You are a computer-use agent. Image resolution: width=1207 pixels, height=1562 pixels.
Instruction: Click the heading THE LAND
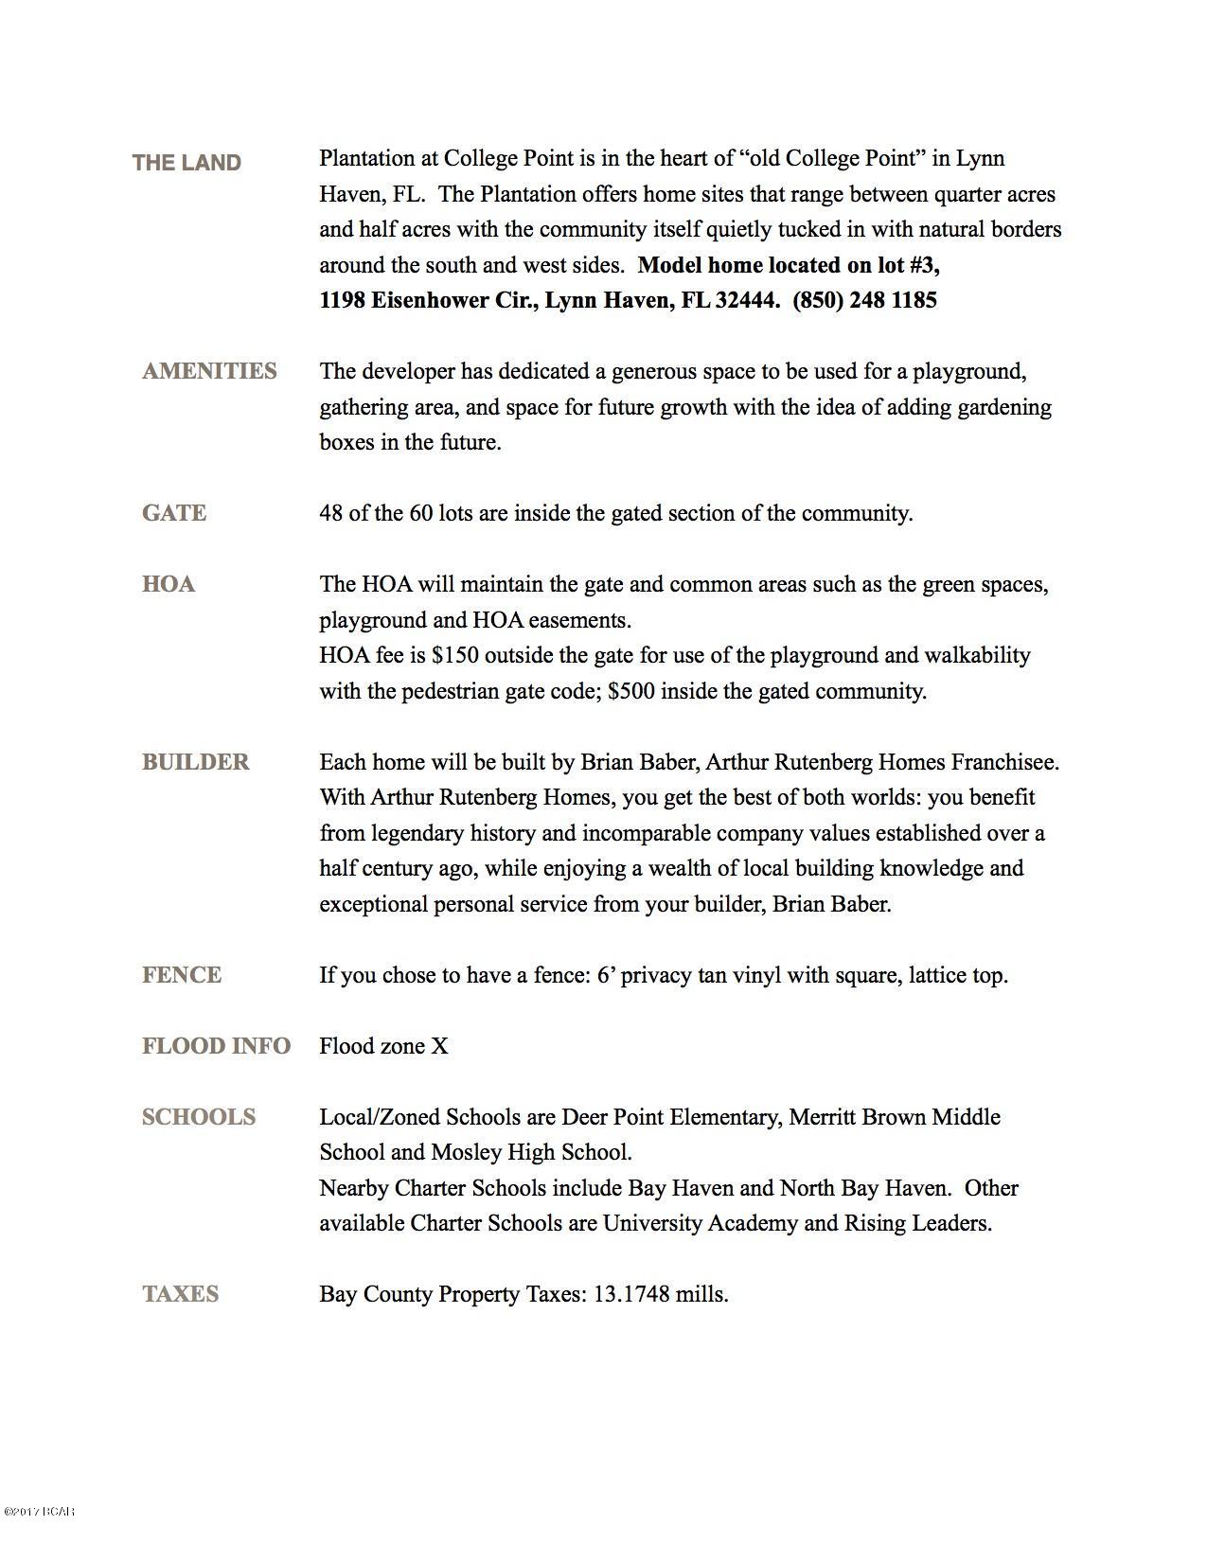pos(186,163)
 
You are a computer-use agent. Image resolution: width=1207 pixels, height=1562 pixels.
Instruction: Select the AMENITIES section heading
pos(209,371)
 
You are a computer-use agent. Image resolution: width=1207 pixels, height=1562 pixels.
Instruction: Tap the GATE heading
pos(174,513)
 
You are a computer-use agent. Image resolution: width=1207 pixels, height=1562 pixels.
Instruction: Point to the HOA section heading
pos(169,584)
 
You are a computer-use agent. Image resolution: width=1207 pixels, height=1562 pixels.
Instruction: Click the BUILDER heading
pos(196,762)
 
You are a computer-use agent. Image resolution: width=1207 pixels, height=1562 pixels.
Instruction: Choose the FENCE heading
pos(182,975)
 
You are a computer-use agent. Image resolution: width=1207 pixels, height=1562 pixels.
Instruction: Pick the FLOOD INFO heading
pos(216,1046)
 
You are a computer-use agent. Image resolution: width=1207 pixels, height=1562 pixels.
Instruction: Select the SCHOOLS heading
pos(199,1117)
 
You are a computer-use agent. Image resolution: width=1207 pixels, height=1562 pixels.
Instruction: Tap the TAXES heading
pos(180,1294)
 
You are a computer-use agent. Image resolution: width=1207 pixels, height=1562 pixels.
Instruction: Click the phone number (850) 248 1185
pos(864,301)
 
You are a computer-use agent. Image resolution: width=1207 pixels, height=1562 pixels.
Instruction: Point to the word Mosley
pos(467,1152)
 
